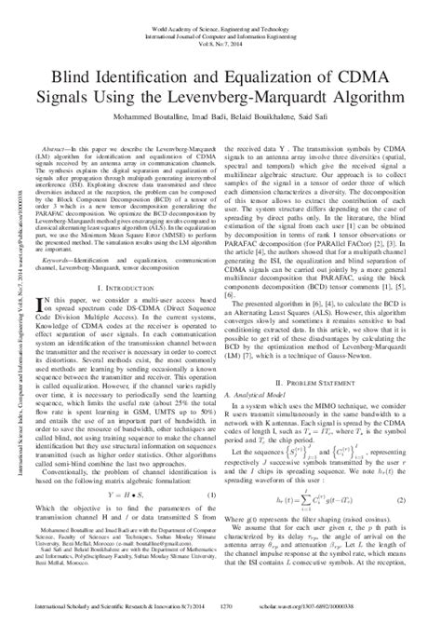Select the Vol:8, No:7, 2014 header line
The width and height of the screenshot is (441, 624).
(220, 28)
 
